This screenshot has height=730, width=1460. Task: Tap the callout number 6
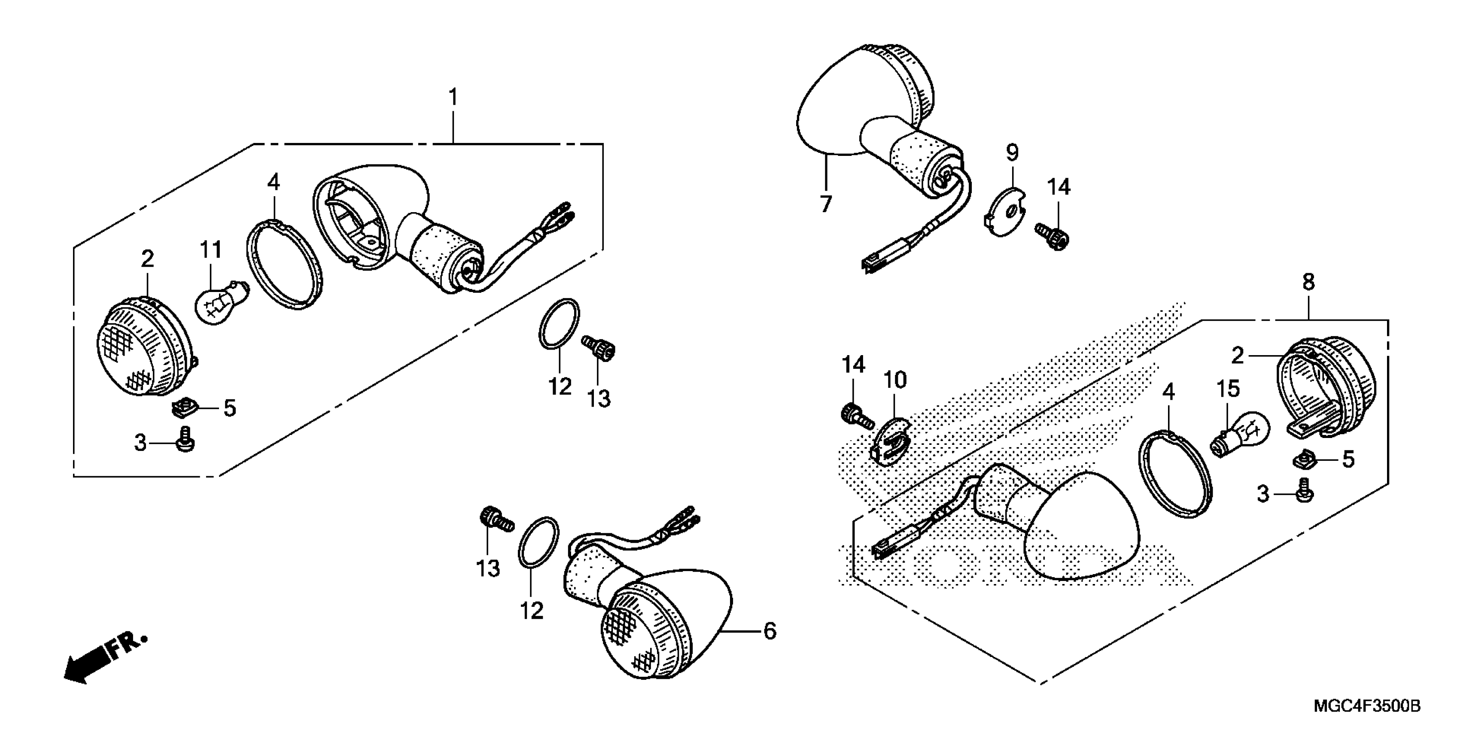[x=769, y=631]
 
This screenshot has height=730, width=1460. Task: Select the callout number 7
[x=826, y=203]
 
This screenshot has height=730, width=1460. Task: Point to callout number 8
[x=1308, y=282]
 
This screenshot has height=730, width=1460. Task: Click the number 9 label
[x=1012, y=152]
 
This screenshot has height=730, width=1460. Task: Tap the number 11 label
[x=210, y=250]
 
